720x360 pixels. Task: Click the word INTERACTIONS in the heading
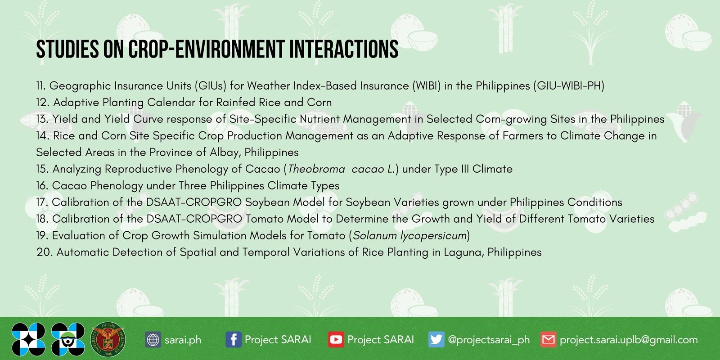tap(344, 49)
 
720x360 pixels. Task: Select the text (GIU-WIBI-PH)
tap(569, 86)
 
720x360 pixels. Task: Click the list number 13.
tap(42, 119)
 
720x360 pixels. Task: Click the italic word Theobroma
tap(316, 169)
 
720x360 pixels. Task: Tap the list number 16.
tap(42, 186)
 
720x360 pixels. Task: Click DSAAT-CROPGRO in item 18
tap(194, 219)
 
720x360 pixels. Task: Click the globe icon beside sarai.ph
tap(153, 340)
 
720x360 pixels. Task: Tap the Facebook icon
tap(234, 340)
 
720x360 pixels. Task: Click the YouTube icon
tap(336, 340)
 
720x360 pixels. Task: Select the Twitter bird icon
tap(436, 340)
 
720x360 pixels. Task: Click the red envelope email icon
tap(549, 340)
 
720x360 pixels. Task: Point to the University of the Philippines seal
tap(108, 339)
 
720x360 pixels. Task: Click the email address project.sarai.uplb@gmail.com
tap(629, 340)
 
